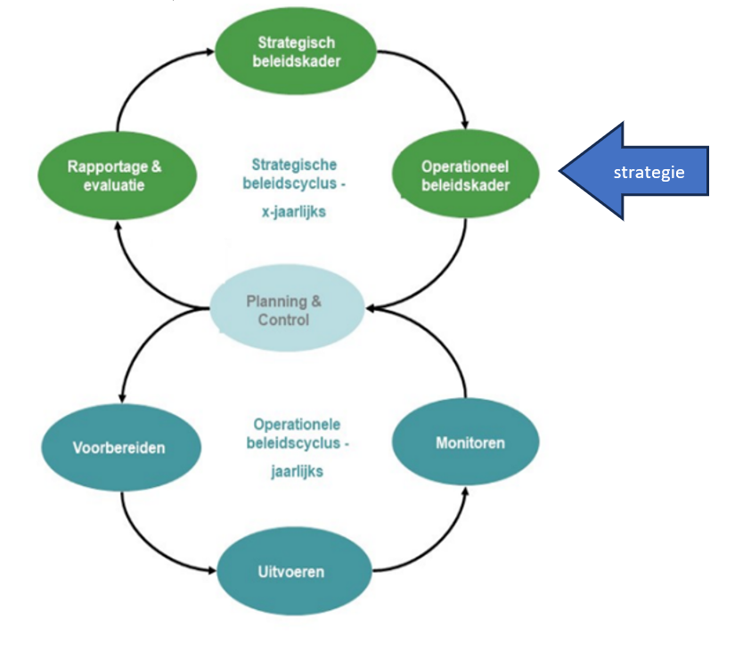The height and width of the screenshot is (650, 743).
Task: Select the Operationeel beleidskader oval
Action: tap(466, 175)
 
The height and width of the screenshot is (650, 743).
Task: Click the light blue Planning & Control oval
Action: tap(284, 309)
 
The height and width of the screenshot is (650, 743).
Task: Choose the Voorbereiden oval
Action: tap(118, 447)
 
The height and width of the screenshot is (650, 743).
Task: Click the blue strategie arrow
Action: tap(634, 171)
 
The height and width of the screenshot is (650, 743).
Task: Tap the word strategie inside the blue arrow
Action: tap(649, 172)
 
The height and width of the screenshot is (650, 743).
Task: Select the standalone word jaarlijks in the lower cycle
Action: tap(297, 472)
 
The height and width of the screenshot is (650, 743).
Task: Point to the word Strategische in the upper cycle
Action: tap(294, 165)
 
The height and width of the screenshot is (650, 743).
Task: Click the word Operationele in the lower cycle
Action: tap(297, 425)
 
